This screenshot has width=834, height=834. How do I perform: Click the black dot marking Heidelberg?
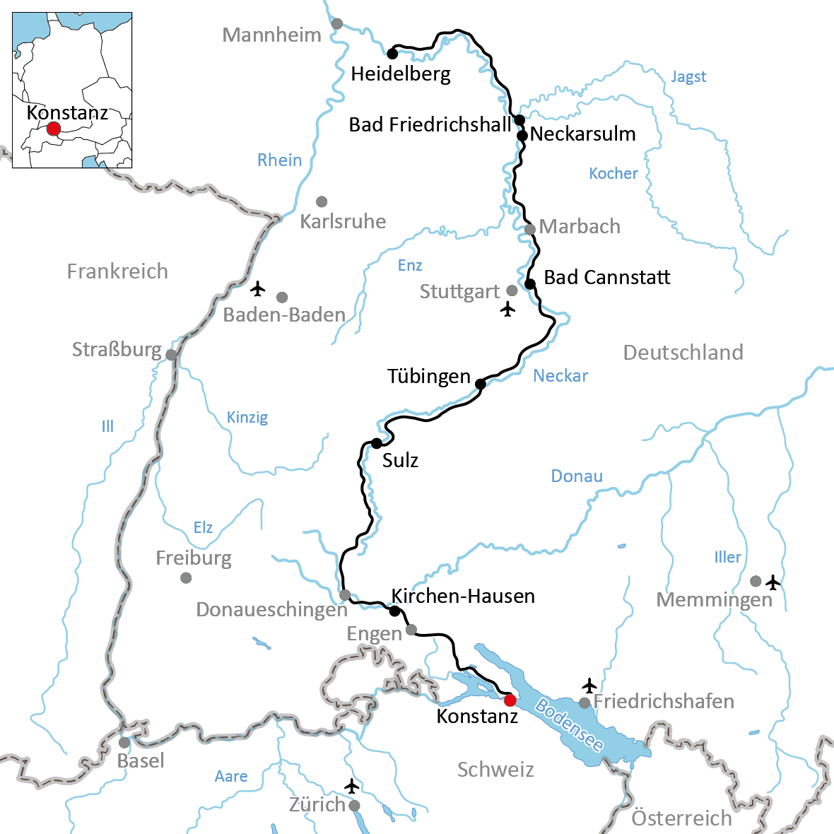(x=392, y=53)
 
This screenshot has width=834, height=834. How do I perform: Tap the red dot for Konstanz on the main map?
(x=510, y=700)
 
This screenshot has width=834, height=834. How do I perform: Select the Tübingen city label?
(x=428, y=377)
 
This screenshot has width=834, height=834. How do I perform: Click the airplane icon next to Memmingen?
(x=773, y=582)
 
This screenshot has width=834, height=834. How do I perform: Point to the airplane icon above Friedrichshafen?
(x=589, y=686)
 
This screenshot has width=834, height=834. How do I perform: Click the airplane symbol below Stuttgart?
(x=507, y=309)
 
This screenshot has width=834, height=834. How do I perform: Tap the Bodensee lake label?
(x=569, y=725)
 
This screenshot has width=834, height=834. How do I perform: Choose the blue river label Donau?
(x=577, y=476)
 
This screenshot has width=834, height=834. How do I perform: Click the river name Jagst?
(x=688, y=76)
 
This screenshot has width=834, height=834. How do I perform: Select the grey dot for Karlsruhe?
(x=322, y=201)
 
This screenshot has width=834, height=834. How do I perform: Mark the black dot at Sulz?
(x=376, y=443)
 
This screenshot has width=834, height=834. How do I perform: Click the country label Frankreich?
(x=117, y=271)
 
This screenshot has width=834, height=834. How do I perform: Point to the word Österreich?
(x=681, y=818)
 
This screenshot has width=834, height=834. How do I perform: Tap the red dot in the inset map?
(x=53, y=129)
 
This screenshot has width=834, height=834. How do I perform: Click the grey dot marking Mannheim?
(x=337, y=24)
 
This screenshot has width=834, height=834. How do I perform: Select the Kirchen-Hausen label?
(x=463, y=596)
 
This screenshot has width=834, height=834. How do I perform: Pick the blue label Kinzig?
(x=247, y=417)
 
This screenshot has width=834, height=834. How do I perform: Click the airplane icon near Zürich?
(x=351, y=786)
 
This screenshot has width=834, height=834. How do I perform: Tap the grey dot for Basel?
(x=124, y=742)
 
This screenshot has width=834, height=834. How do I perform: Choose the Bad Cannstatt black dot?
(x=529, y=284)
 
